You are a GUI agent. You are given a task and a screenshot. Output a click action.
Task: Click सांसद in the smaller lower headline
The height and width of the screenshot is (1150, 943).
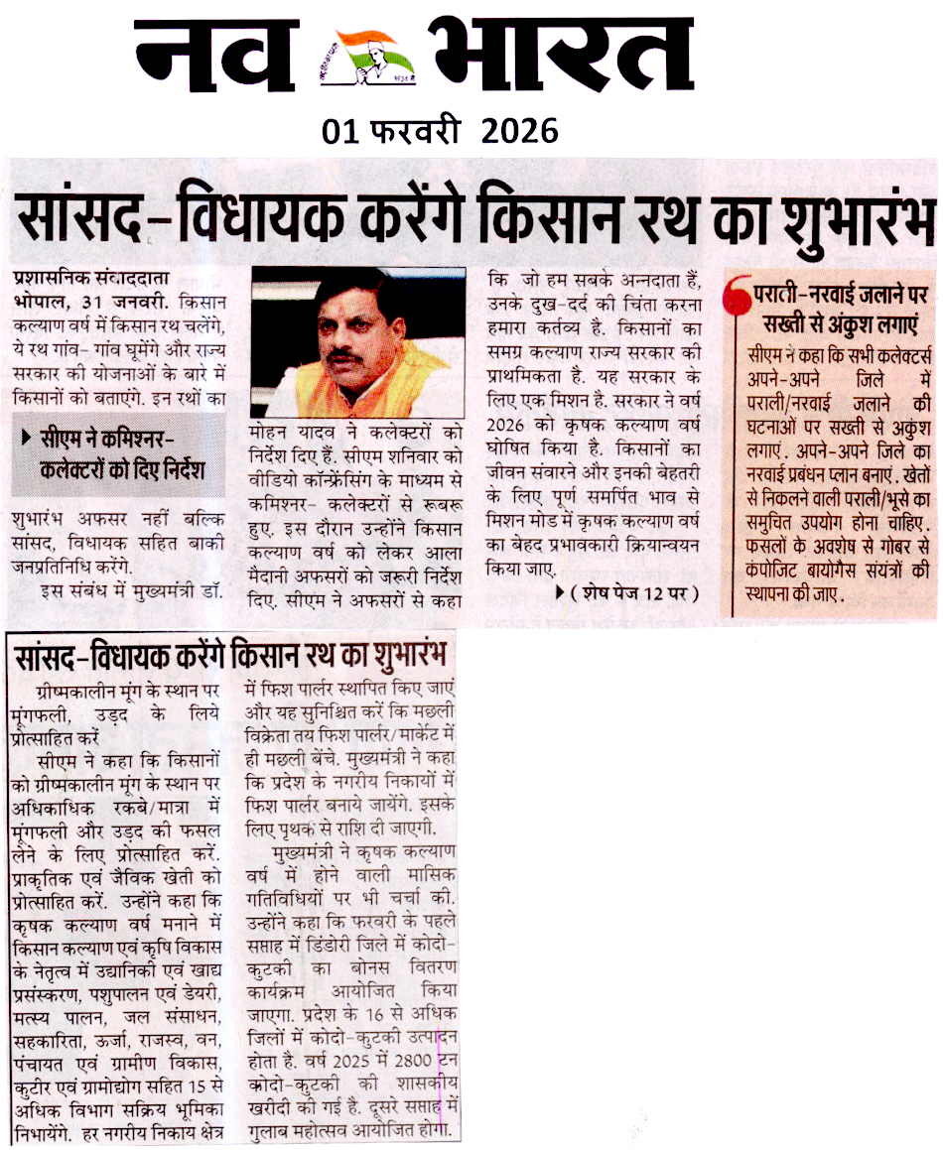(49, 657)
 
